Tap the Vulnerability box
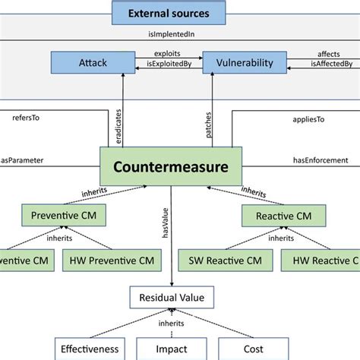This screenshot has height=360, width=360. click(244, 63)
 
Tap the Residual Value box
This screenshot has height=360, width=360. click(170, 298)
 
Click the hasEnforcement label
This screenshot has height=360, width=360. click(320, 159)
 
